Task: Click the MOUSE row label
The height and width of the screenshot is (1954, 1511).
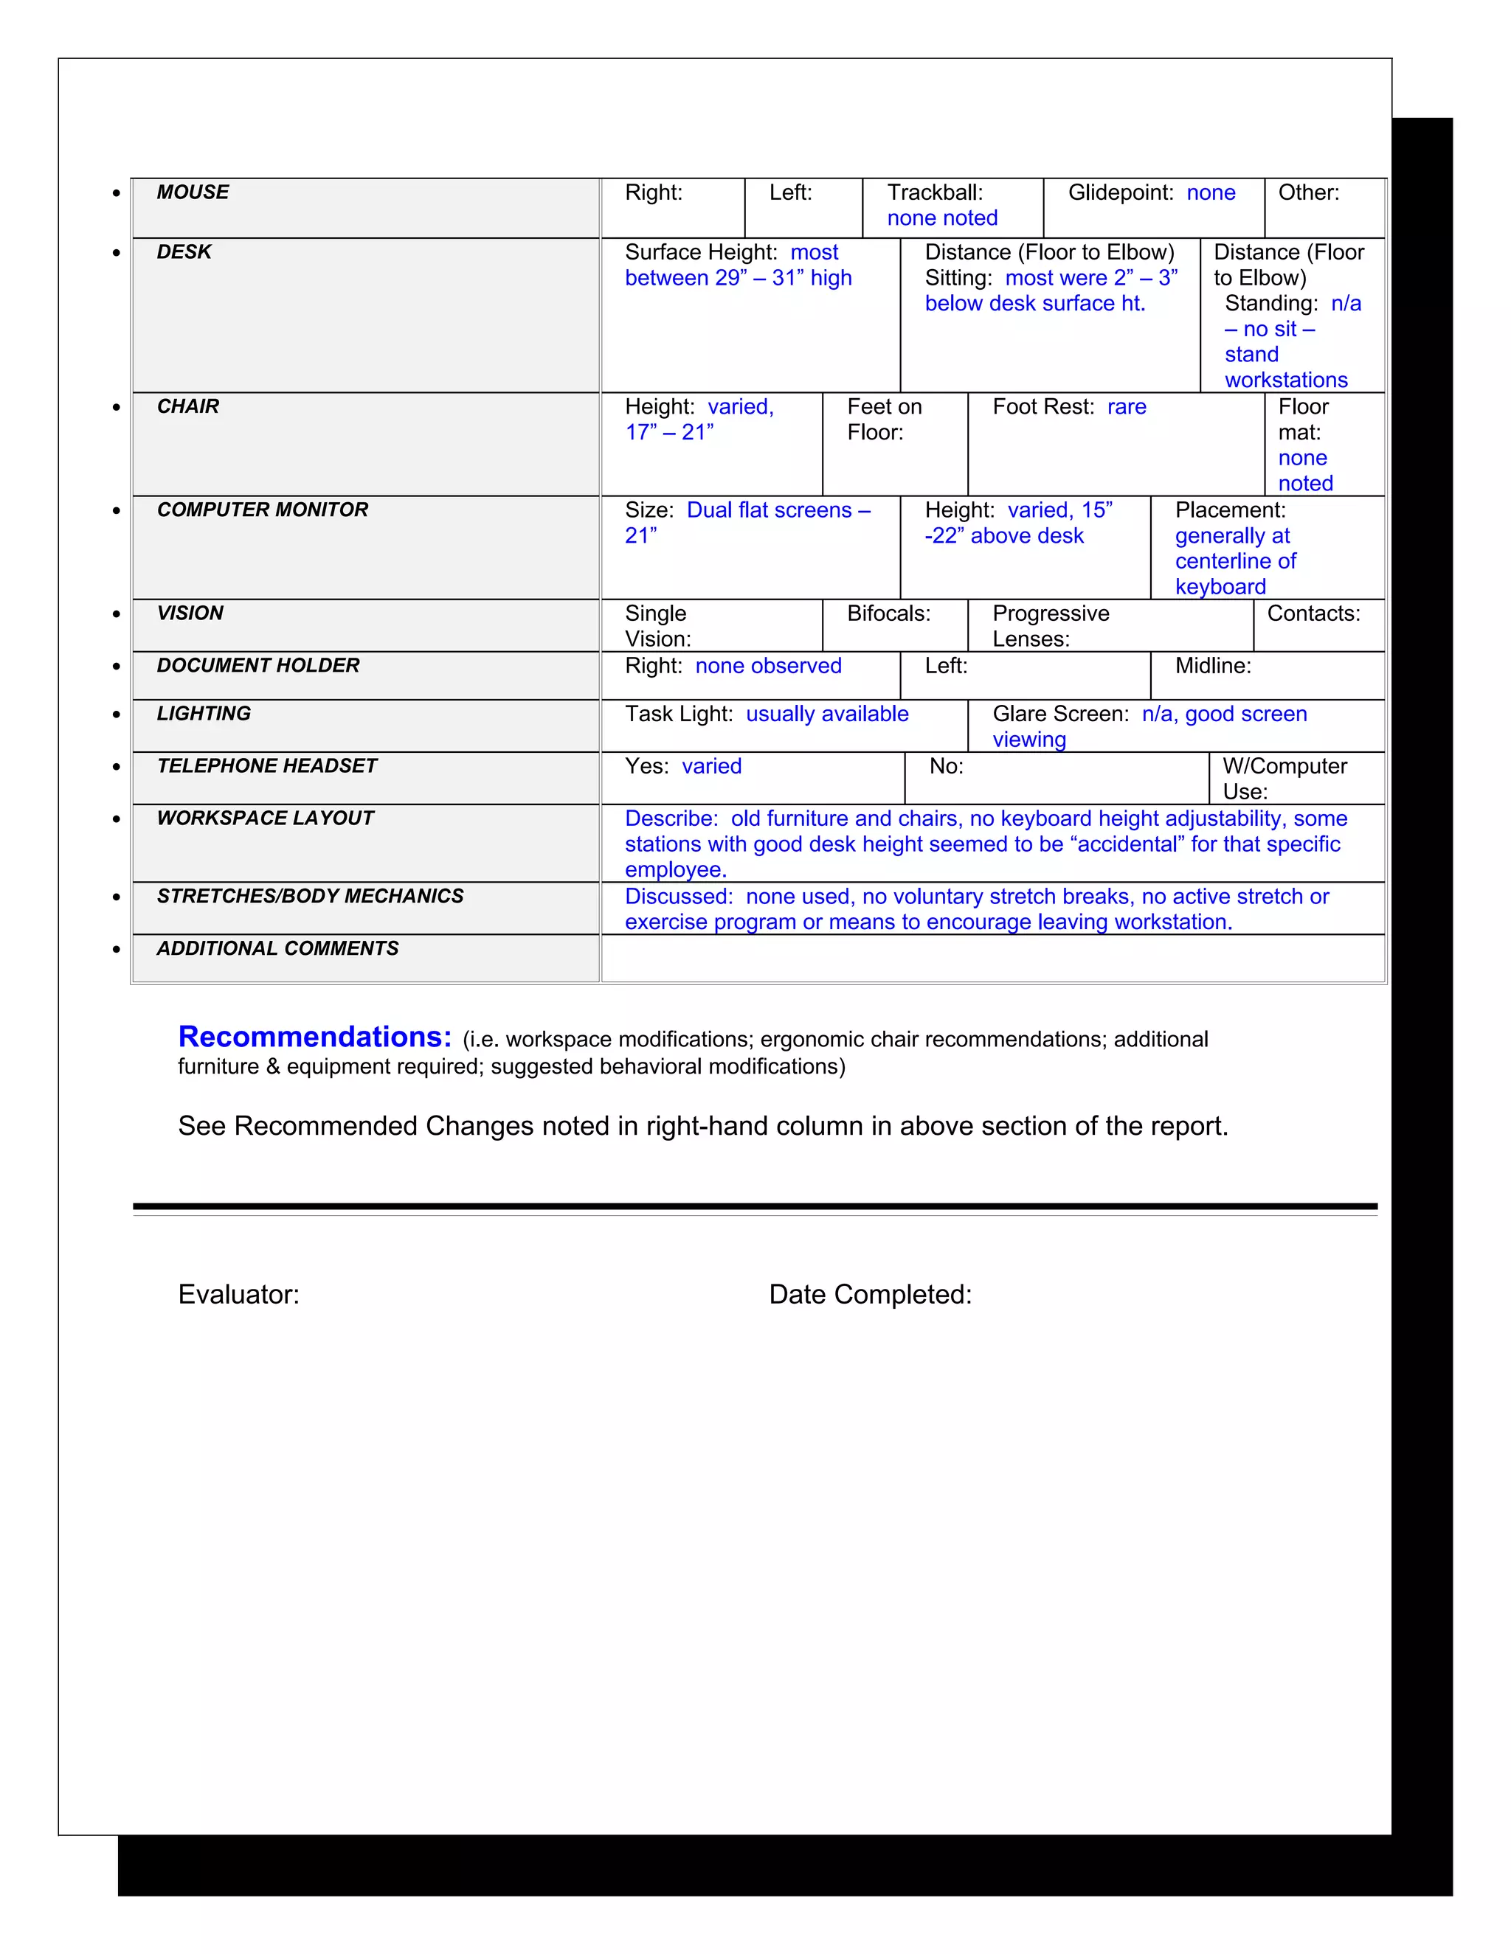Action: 193,192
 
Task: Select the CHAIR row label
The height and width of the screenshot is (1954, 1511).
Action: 188,406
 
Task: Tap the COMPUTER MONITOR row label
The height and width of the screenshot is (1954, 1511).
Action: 262,510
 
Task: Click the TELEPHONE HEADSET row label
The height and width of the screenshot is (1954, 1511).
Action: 267,766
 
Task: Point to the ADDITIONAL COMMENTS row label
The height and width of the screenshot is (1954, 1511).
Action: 277,948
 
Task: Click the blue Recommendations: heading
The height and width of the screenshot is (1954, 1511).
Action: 315,1036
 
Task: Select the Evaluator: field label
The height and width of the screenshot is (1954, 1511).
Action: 238,1295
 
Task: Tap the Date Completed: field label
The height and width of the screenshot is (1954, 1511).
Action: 870,1295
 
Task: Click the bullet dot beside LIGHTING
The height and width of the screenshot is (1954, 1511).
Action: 117,714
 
